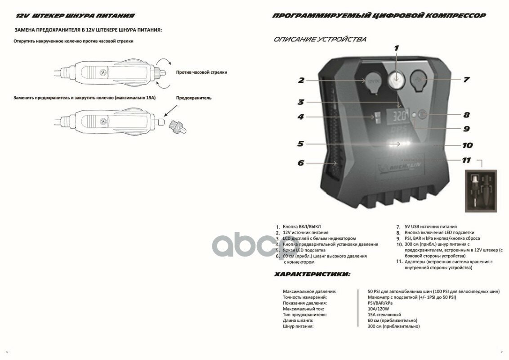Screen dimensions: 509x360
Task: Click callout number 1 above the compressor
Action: pos(397,48)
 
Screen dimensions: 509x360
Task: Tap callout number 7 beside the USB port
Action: pos(466,80)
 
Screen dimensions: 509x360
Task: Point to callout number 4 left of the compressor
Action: pos(301,117)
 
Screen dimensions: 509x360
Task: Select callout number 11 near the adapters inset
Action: pos(466,160)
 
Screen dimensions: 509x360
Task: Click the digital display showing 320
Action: pos(397,116)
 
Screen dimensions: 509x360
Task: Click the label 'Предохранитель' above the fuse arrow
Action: pos(193,98)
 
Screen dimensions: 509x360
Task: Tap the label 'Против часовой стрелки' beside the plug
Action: pos(201,72)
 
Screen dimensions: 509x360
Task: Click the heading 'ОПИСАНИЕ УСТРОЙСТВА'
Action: pos(320,39)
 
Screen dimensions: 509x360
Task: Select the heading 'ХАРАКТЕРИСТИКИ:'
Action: pos(312,274)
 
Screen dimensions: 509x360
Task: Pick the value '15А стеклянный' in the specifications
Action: pos(384,315)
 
